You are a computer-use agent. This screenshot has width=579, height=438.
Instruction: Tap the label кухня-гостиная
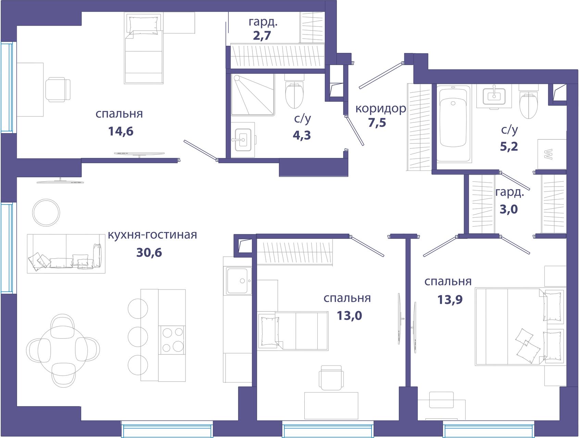click(152, 235)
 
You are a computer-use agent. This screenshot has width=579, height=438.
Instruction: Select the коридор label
click(381, 109)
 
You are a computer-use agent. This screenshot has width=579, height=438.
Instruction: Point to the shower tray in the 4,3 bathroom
click(253, 95)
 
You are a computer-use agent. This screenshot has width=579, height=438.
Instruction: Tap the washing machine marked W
click(551, 154)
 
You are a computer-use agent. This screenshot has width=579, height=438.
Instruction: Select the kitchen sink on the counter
click(237, 281)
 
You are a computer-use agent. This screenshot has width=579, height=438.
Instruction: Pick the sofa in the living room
click(66, 254)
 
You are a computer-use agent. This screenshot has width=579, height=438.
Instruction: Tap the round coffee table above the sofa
click(47, 212)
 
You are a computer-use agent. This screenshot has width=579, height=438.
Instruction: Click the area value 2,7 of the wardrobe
click(262, 36)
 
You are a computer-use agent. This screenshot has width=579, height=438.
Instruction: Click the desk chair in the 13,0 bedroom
click(331, 377)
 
